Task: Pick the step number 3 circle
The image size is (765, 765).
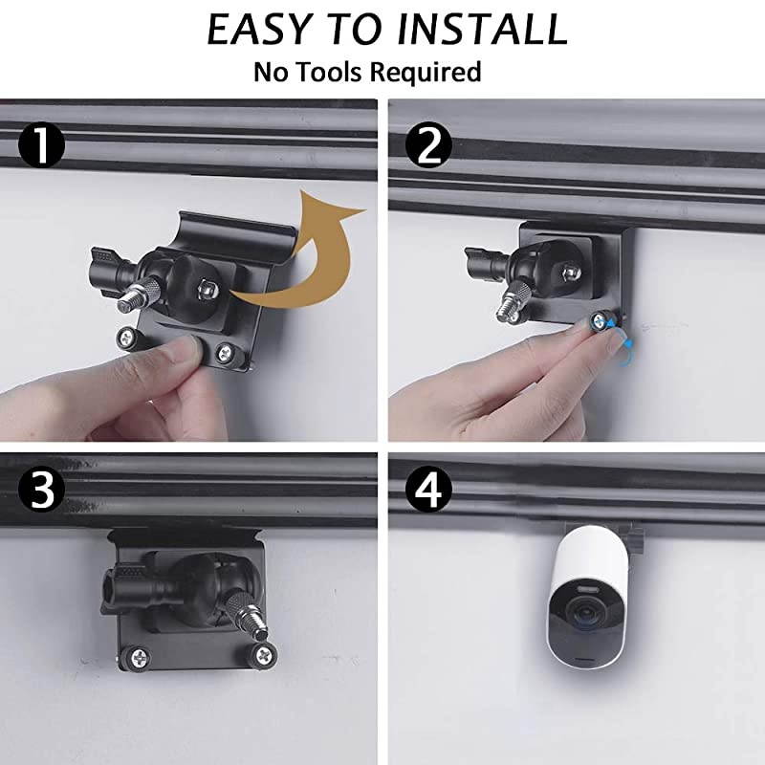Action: pos(41,489)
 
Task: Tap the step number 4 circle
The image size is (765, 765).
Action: pos(428,489)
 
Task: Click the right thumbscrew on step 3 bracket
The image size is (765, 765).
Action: pos(263,654)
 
